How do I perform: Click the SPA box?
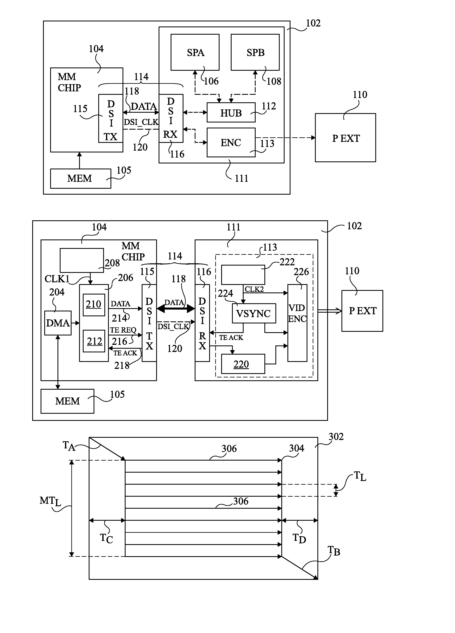195,52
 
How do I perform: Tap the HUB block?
231,112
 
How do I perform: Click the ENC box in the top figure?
231,142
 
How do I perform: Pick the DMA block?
58,323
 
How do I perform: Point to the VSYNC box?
254,313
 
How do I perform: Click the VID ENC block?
297,323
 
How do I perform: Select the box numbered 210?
94,304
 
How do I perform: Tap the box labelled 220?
243,364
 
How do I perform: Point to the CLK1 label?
57,279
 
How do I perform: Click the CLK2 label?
254,289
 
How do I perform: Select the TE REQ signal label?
123,330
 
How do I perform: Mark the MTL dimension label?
50,501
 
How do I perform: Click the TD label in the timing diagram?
299,538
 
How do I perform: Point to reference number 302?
336,437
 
